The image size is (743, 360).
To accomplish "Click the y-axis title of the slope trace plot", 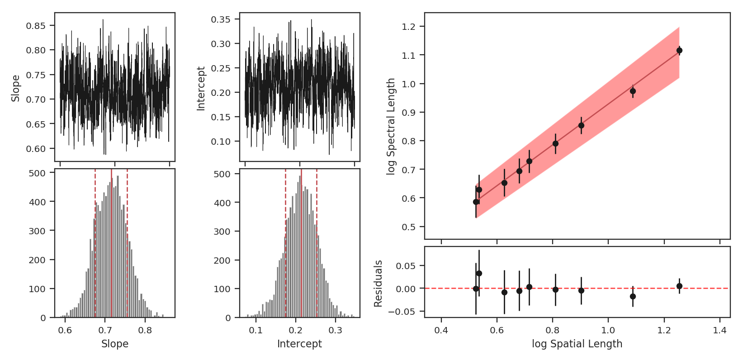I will [x=16, y=88].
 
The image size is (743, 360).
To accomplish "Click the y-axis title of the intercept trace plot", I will [x=201, y=89].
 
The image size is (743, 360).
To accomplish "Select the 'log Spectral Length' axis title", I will [x=391, y=127].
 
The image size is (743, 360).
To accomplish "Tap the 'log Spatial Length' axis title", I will [x=577, y=344].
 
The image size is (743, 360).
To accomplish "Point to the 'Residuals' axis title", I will [x=379, y=284].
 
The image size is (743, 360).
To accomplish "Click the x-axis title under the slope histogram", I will [x=115, y=344].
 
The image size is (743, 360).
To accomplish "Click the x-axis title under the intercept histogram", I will [x=299, y=344].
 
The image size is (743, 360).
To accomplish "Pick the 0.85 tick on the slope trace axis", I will [x=36, y=26].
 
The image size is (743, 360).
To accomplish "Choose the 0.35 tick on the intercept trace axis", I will [x=221, y=19].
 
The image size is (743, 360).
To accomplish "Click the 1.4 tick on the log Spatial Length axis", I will [x=719, y=331].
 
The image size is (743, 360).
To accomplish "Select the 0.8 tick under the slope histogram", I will [x=145, y=330].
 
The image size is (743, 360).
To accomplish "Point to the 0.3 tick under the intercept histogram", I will [x=336, y=330].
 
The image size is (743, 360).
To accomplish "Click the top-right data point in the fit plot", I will [x=679, y=51].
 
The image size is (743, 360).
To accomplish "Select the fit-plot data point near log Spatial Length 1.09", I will [x=633, y=91].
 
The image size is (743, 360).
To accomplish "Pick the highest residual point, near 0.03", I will [x=479, y=273].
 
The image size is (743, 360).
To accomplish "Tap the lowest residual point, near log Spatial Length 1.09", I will [x=633, y=296].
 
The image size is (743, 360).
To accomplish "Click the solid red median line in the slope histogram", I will [x=111, y=244].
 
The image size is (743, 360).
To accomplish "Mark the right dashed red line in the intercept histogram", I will [x=317, y=244].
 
